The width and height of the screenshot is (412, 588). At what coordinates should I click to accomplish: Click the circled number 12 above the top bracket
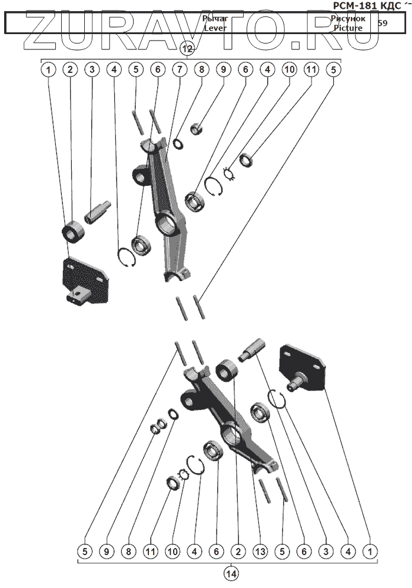click(x=187, y=50)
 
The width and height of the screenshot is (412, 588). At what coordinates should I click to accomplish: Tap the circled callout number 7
click(x=179, y=69)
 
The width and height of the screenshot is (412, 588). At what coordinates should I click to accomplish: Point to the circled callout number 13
click(x=260, y=552)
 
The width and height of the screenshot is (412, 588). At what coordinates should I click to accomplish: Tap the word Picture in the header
click(x=347, y=28)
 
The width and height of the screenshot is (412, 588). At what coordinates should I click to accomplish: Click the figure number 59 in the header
click(x=383, y=24)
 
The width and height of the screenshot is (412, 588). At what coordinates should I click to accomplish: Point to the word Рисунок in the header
click(x=348, y=19)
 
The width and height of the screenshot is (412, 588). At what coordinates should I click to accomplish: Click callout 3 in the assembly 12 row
click(x=92, y=69)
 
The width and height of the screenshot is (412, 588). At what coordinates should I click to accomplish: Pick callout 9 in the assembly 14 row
click(x=107, y=552)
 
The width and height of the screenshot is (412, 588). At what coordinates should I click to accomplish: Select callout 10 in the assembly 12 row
click(x=288, y=69)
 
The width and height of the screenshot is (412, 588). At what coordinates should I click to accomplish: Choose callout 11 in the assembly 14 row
click(x=150, y=552)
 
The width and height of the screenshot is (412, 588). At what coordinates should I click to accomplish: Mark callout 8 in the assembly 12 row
click(x=201, y=69)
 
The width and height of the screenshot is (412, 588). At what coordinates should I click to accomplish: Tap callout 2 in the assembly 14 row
click(x=238, y=552)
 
